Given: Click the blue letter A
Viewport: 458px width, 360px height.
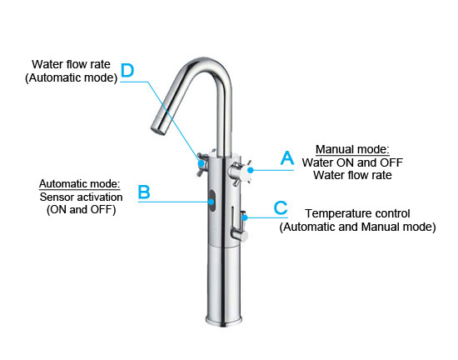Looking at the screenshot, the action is (x=287, y=158).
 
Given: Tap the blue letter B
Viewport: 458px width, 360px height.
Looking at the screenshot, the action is (x=144, y=192).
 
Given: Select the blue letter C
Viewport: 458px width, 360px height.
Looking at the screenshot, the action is (x=281, y=207).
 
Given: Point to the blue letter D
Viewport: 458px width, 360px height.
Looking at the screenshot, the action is (x=127, y=71).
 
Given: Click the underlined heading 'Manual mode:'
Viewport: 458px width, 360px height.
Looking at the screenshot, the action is (x=352, y=149).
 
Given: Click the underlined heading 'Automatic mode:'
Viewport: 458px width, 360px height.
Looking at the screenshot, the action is (x=79, y=184).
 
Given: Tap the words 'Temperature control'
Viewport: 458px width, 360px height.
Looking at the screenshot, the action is (x=357, y=213).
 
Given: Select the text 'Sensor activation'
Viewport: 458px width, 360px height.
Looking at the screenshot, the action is (x=81, y=197).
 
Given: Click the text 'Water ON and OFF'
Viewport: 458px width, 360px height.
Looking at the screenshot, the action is (x=352, y=162).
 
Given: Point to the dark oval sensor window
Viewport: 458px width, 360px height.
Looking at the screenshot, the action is (x=212, y=201).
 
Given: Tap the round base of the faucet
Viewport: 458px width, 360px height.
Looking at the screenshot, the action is (x=224, y=320).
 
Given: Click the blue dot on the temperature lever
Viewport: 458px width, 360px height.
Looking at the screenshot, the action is (x=245, y=217).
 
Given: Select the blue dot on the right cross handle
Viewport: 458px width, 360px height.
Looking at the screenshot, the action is (x=251, y=170).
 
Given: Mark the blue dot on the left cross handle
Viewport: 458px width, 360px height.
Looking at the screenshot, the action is (x=201, y=162).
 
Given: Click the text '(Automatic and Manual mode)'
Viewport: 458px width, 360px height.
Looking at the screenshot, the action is (x=357, y=227).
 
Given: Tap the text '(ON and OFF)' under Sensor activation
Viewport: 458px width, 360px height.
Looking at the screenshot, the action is (x=81, y=210).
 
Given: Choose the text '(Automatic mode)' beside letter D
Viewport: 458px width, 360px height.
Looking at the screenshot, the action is (x=71, y=77).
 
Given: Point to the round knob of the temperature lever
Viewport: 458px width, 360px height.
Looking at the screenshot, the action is (x=240, y=235).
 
